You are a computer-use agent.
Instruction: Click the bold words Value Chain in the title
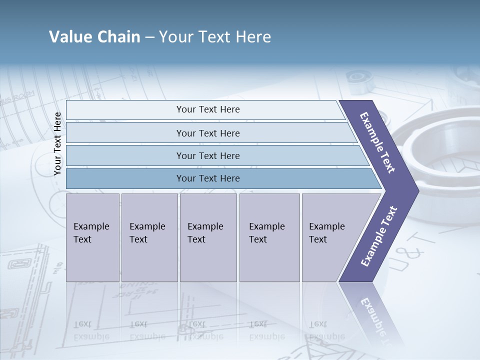(94, 37)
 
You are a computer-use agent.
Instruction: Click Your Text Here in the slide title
(215, 37)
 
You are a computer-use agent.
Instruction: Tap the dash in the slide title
(149, 37)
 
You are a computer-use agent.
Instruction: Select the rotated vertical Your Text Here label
(58, 144)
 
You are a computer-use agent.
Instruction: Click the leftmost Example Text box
(92, 237)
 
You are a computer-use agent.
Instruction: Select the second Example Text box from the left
(149, 237)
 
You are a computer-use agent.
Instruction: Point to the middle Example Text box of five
(208, 237)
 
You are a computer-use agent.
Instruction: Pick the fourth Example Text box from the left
(269, 237)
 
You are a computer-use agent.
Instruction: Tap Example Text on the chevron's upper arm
(377, 142)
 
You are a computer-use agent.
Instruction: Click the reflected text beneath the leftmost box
(91, 330)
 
